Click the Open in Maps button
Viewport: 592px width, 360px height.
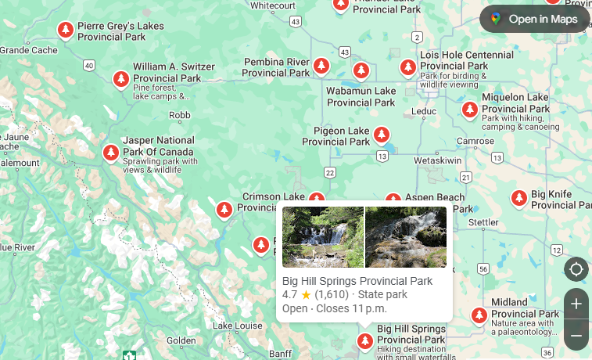(534, 19)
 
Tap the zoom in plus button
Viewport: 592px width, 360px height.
(576, 304)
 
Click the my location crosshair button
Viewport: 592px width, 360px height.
(576, 269)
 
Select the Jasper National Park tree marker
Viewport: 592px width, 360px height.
(111, 151)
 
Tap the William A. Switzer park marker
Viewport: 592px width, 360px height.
(120, 79)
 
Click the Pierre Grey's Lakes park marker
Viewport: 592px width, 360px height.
(66, 30)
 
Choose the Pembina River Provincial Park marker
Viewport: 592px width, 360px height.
(321, 66)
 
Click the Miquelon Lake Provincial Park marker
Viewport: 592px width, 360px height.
(470, 109)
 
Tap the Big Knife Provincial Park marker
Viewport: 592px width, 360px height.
(518, 198)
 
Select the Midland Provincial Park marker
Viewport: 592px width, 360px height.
(479, 315)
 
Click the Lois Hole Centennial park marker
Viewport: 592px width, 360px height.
(407, 67)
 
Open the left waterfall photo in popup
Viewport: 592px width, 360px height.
(323, 237)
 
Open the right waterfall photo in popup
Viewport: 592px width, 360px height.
(406, 237)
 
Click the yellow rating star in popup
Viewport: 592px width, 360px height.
(306, 295)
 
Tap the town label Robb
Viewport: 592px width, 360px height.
(180, 115)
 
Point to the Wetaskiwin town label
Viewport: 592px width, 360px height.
(438, 160)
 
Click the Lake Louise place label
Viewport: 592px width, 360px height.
(237, 326)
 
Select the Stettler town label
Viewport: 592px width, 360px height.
(483, 222)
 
